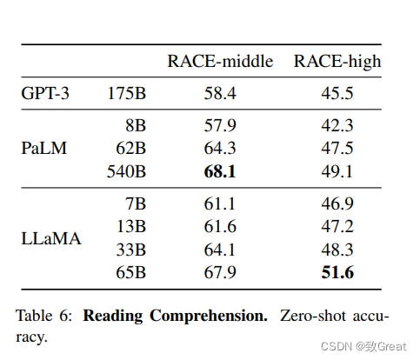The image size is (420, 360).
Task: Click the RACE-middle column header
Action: tap(220, 61)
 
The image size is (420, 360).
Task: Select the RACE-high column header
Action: tap(337, 62)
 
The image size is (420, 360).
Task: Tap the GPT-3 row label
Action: tap(45, 93)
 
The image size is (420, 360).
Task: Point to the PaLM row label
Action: tap(44, 148)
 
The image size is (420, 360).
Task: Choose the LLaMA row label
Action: tap(51, 238)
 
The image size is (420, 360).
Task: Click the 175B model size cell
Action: tap(126, 93)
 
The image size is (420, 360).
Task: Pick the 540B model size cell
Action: tap(126, 171)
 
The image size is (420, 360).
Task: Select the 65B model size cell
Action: tap(131, 272)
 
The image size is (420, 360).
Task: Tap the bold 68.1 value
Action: tap(220, 171)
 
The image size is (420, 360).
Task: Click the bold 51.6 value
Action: tap(337, 272)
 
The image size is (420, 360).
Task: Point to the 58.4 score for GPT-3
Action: tap(220, 93)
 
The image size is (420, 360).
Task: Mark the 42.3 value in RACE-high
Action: tap(337, 125)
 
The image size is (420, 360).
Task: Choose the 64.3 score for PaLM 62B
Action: tap(220, 148)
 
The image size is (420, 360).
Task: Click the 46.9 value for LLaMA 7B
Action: tap(337, 203)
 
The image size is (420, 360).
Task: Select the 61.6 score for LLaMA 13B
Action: tap(220, 226)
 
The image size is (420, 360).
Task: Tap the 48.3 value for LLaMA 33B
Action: tap(337, 250)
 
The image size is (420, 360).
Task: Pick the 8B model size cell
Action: tap(136, 125)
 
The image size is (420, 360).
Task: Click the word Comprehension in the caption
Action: tap(209, 317)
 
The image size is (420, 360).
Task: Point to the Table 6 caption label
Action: tap(43, 316)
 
